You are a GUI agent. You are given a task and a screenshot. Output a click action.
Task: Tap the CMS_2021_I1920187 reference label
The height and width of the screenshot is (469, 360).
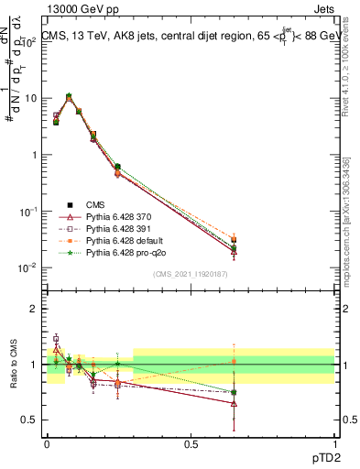(191, 274)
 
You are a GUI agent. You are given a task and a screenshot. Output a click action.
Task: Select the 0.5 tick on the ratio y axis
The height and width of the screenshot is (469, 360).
(31, 420)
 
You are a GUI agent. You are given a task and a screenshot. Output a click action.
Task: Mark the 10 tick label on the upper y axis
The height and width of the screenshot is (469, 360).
(31, 98)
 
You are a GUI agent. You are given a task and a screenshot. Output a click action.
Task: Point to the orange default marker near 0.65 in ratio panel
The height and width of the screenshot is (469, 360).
(234, 361)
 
